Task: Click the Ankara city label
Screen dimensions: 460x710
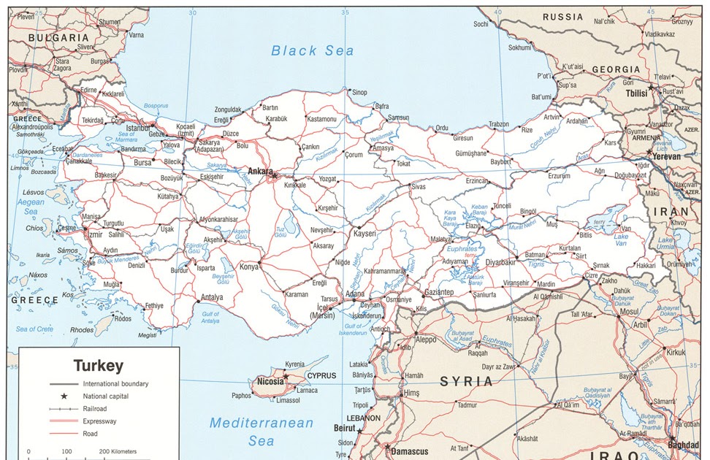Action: (x=259, y=171)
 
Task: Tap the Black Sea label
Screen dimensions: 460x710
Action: (x=312, y=50)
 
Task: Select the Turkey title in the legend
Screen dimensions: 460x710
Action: (x=99, y=365)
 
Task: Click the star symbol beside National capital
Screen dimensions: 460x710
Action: (x=64, y=396)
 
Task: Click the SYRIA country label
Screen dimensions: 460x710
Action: (x=467, y=382)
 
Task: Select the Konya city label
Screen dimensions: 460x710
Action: (x=249, y=267)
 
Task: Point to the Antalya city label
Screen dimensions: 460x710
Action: (x=212, y=297)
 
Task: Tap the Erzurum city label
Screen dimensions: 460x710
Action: (x=559, y=175)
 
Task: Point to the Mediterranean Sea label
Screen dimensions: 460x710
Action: (x=261, y=432)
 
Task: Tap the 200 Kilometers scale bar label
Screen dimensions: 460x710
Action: (x=118, y=452)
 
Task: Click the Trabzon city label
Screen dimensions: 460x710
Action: (x=498, y=125)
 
